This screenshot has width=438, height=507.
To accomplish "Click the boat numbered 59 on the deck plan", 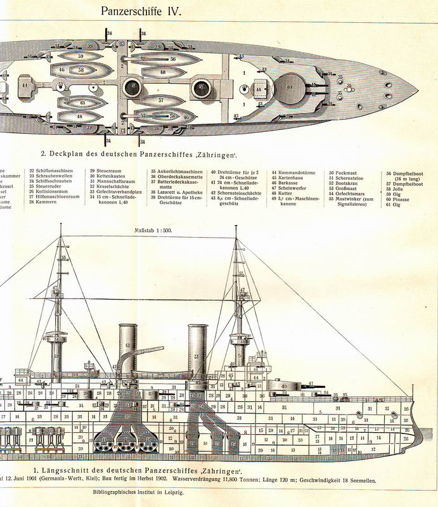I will coord(81,56).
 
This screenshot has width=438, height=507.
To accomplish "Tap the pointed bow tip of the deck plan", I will coord(416,87).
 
